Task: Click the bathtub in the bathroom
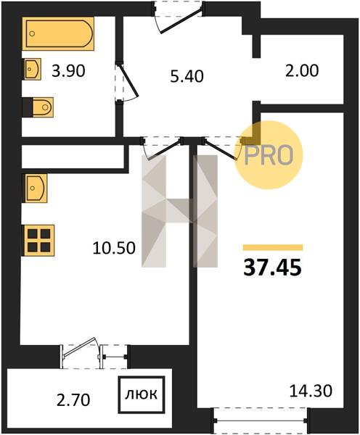58,33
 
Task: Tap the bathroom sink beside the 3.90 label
32,69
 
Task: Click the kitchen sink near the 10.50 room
36,188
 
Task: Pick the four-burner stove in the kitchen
39,240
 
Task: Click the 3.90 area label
68,71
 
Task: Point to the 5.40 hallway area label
187,76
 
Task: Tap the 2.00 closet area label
302,70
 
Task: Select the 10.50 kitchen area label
114,248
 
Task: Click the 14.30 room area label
311,391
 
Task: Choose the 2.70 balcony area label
73,400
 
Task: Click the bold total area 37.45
272,268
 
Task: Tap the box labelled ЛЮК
142,395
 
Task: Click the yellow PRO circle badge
269,155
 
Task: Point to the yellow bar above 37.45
273,247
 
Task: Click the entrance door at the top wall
178,17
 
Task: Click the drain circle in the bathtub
32,33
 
